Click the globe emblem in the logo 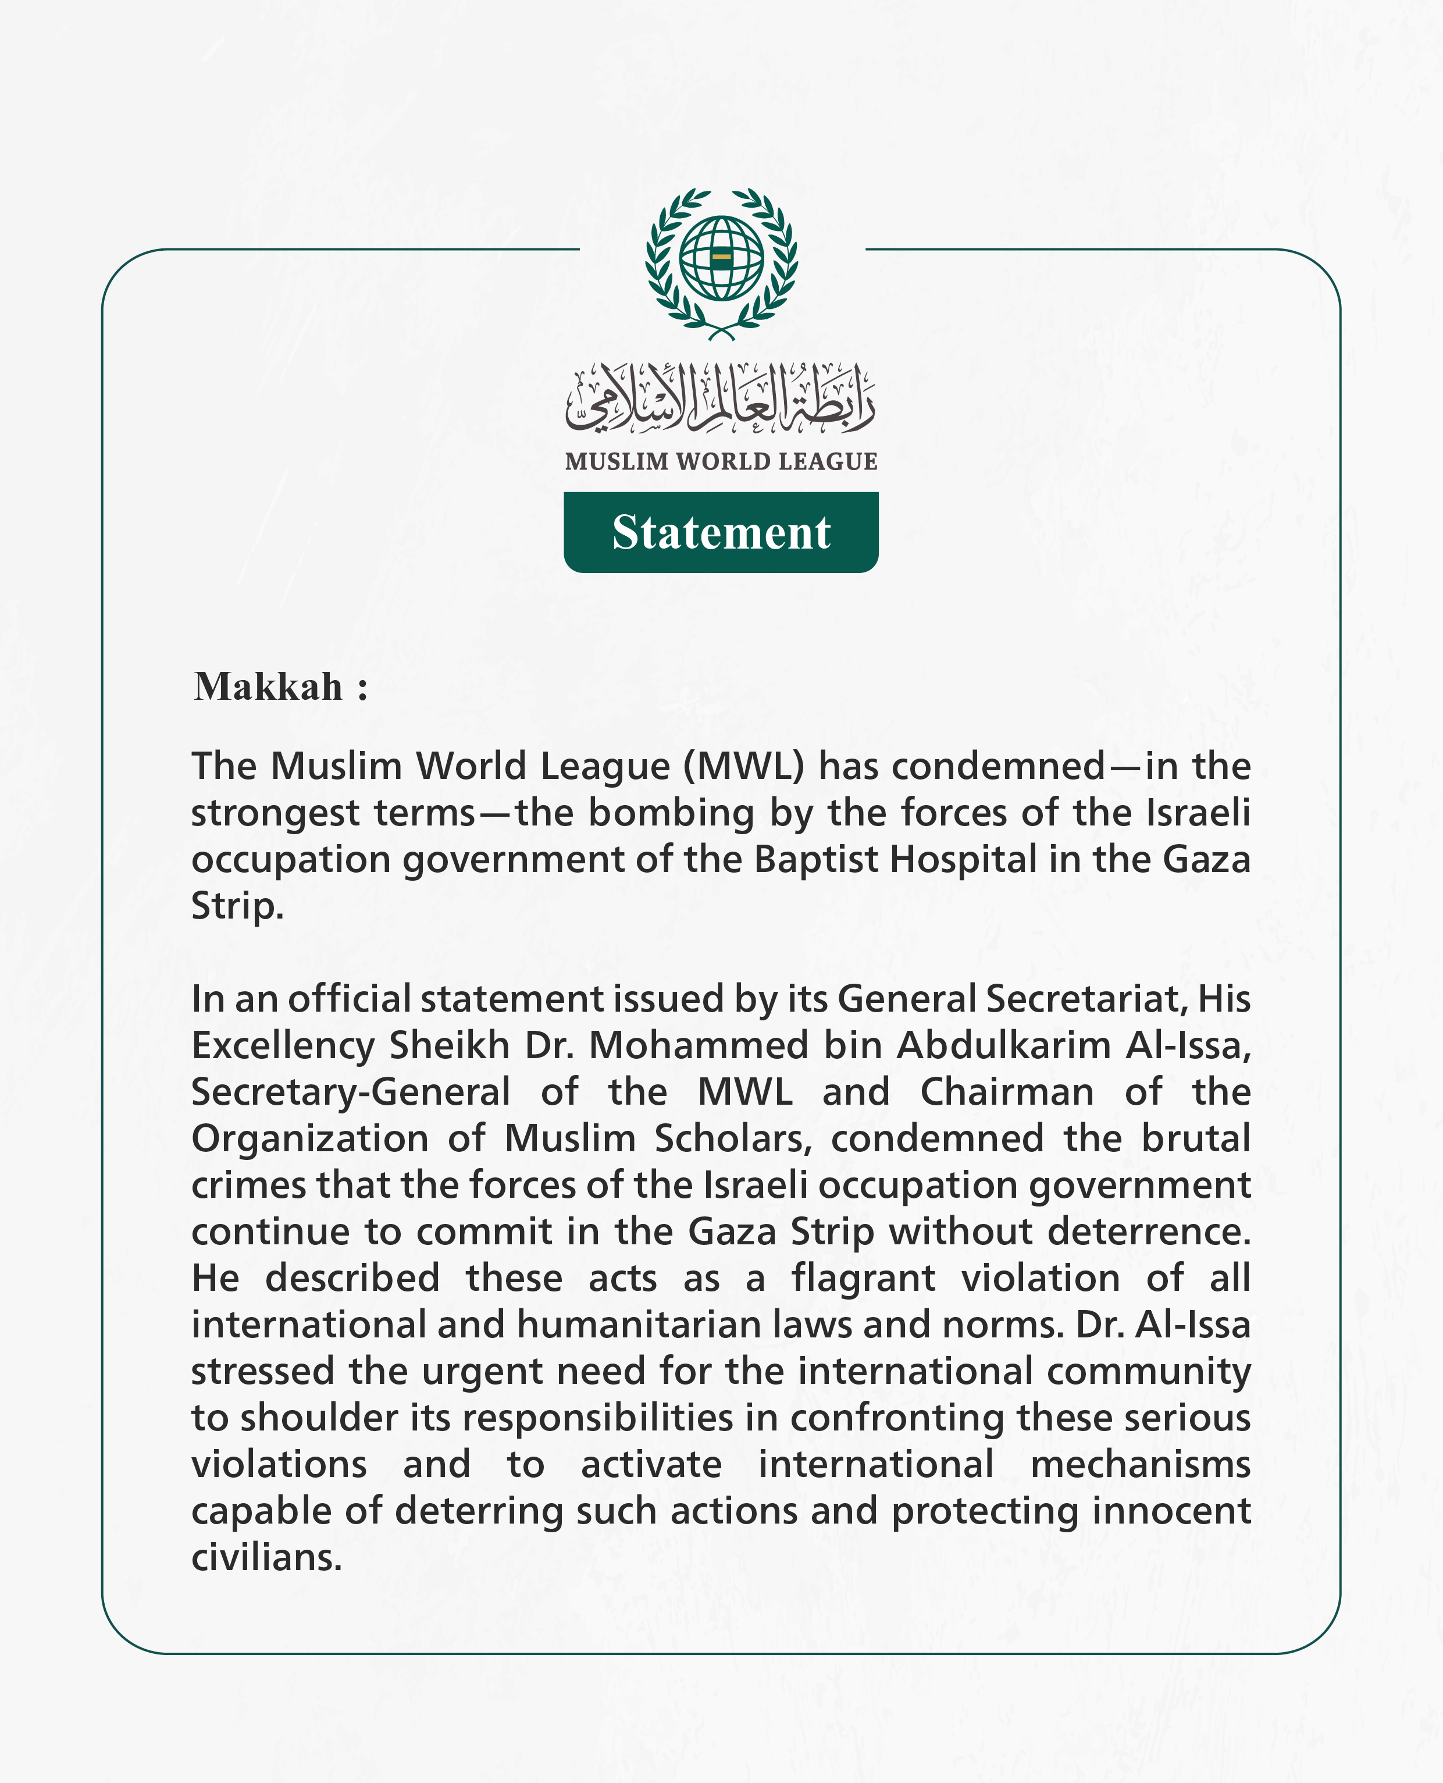[721, 258]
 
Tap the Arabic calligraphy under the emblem [721, 399]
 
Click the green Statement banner [721, 532]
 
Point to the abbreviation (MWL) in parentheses [743, 766]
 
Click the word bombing [671, 813]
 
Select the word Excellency [283, 1046]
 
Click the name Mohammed [698, 1046]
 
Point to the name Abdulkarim [1003, 1046]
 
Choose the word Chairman [1007, 1092]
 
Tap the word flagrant [863, 1279]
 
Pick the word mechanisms [1141, 1465]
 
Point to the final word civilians [266, 1558]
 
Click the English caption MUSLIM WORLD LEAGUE [721, 461]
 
